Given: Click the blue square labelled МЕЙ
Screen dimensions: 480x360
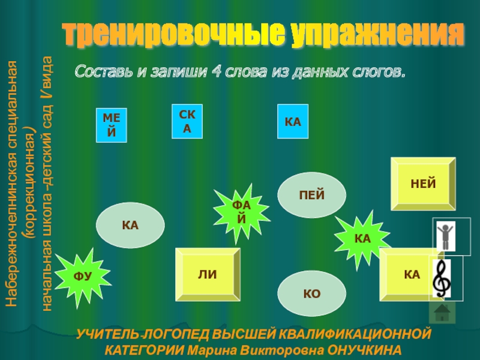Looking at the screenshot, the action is point(112,125).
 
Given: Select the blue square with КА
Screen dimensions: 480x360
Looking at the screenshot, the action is point(292,122).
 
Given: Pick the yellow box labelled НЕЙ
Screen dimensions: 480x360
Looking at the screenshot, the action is point(423,184).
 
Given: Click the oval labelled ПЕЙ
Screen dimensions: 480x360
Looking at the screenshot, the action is point(312,195).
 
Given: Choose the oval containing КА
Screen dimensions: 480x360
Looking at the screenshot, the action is point(130,226).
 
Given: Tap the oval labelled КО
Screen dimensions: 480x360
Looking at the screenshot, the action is point(312,293).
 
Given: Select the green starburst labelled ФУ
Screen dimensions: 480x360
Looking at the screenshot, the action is point(82,277).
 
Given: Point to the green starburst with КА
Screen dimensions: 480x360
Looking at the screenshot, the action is point(362,239).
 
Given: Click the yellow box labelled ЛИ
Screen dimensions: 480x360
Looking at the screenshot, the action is point(208,275).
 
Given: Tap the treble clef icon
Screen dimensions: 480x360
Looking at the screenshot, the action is point(444,278).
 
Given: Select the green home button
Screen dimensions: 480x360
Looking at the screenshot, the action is point(442,312).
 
